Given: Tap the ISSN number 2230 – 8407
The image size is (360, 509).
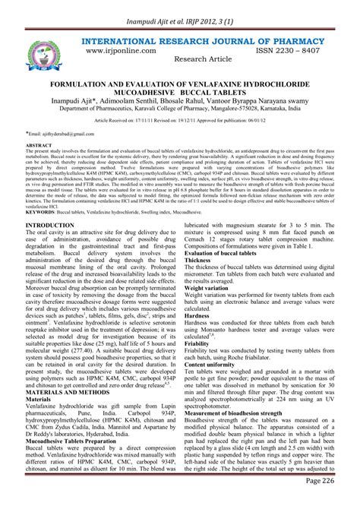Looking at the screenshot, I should (292, 47).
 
